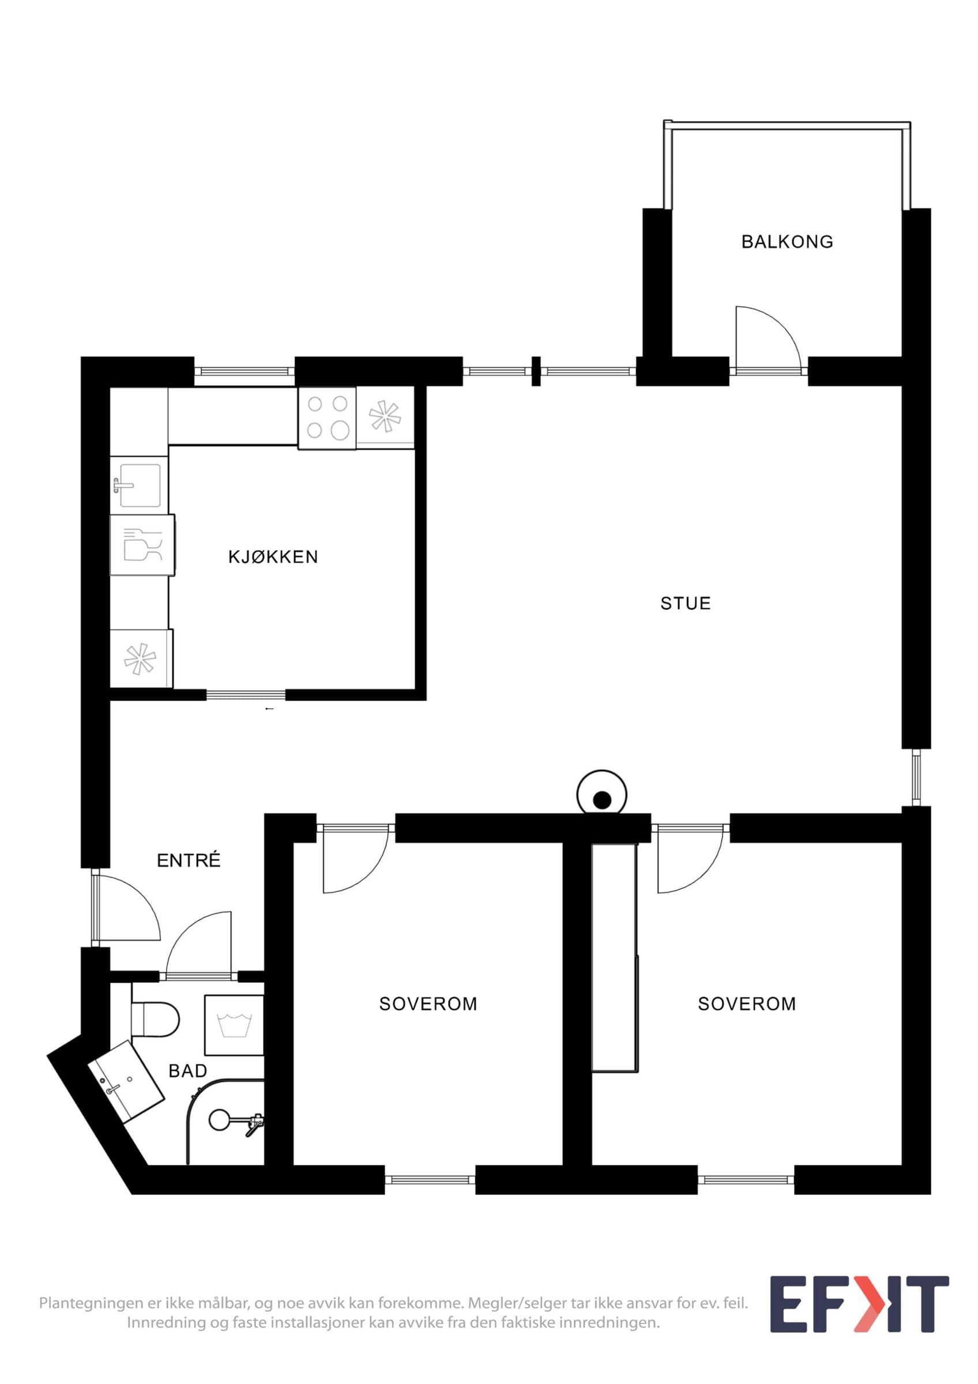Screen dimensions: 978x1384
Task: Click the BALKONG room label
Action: (x=787, y=242)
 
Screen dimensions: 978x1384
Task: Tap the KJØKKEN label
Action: (x=273, y=556)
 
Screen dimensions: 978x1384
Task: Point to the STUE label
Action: (x=685, y=603)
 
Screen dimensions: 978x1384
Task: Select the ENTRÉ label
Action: (x=189, y=860)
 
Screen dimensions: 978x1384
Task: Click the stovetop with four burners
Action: (x=327, y=418)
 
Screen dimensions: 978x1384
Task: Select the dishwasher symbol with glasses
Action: (x=142, y=545)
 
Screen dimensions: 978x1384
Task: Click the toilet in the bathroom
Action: (x=156, y=1018)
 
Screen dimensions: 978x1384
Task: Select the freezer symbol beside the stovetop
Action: (x=386, y=418)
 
